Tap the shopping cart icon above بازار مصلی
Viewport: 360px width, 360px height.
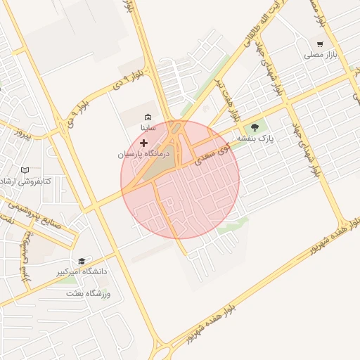[x=321, y=44]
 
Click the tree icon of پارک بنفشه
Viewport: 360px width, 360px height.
[x=255, y=128]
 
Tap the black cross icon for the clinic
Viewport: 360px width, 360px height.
[x=144, y=143]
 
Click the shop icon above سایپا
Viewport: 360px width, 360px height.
[x=148, y=117]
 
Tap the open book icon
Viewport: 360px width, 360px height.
[x=25, y=170]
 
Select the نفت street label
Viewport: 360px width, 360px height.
[x=8, y=219]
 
